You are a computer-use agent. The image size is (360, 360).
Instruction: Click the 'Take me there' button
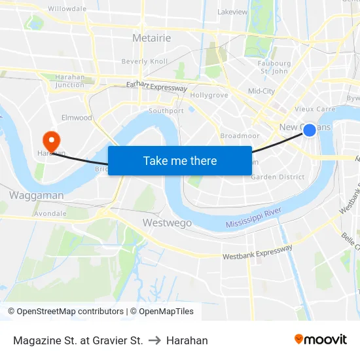(180, 160)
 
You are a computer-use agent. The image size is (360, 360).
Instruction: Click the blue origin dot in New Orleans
(310, 130)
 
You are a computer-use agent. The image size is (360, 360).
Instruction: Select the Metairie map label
(151, 38)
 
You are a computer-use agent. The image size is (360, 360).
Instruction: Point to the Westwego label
(168, 223)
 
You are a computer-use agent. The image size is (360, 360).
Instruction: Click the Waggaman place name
(37, 195)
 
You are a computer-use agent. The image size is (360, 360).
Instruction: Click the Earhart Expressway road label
(157, 86)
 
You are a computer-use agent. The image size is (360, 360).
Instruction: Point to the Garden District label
(278, 177)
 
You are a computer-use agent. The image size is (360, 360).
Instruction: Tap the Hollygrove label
(209, 95)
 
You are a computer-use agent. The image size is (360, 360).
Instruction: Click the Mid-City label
(261, 91)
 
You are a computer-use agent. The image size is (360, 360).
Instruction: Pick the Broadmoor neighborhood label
(240, 135)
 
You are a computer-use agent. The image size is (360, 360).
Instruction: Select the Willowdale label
(67, 9)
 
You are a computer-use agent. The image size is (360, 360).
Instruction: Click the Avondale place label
(50, 213)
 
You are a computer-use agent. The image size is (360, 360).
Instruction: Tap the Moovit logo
(321, 340)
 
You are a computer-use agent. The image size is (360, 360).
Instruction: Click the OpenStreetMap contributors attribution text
(65, 312)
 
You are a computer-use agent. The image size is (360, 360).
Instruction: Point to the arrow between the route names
(154, 340)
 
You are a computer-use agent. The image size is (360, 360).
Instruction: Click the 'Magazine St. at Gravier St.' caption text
(78, 340)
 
